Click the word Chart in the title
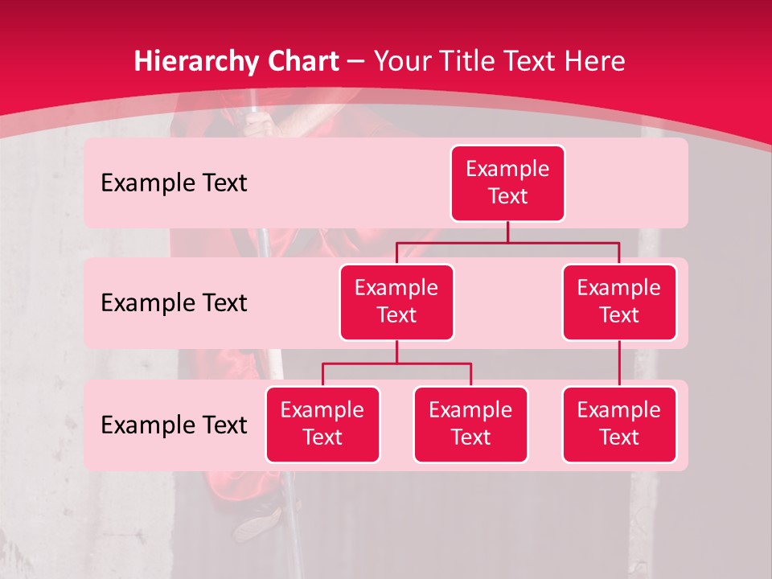(301, 61)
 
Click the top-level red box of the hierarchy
(507, 183)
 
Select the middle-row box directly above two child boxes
(396, 302)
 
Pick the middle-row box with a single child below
(619, 302)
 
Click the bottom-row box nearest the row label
(322, 424)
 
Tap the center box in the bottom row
(470, 424)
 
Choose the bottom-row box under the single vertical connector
(619, 424)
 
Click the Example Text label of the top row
(174, 183)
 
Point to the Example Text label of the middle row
(174, 303)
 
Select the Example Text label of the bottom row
(174, 425)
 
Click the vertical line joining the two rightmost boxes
(619, 363)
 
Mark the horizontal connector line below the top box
(507, 242)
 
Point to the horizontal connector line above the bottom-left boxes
(396, 363)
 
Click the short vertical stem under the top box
(507, 232)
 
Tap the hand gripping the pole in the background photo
(258, 124)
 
